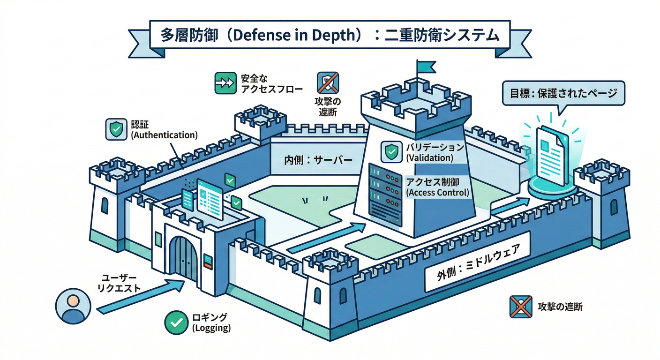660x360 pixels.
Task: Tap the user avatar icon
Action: tap(73, 306)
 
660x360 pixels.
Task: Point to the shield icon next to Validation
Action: tap(390, 151)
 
